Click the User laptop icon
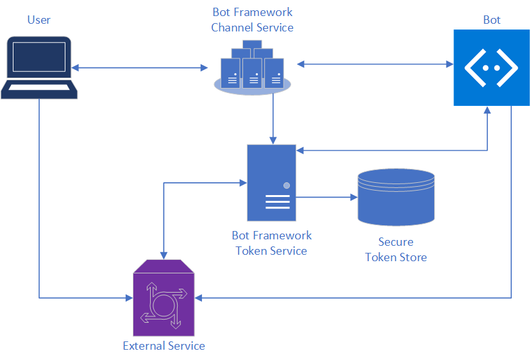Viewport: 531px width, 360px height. pyautogui.click(x=39, y=67)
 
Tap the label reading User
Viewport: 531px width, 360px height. pyautogui.click(x=39, y=20)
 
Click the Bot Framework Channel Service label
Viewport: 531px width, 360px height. pyautogui.click(x=252, y=20)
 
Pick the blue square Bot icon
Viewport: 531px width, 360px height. pyautogui.click(x=492, y=67)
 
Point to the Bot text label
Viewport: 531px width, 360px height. pyautogui.click(x=492, y=20)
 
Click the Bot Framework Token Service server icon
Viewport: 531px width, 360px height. pyautogui.click(x=271, y=183)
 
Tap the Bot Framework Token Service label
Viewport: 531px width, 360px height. pyautogui.click(x=271, y=243)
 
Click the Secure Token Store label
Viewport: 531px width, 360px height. pyautogui.click(x=396, y=250)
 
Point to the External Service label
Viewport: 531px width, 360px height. pyautogui.click(x=164, y=346)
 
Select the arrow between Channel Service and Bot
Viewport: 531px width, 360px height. pyautogui.click(x=375, y=64)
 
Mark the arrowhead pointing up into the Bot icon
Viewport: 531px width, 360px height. pyautogui.click(x=488, y=110)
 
